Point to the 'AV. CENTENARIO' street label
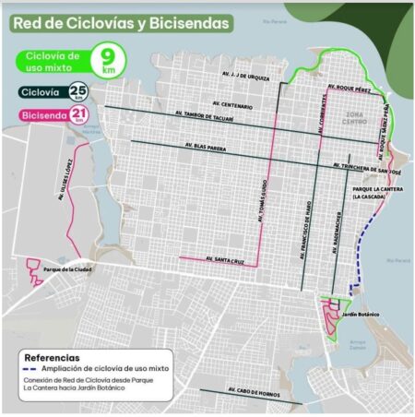(x=232, y=104)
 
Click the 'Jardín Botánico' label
(x=360, y=315)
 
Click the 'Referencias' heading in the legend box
(x=53, y=357)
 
